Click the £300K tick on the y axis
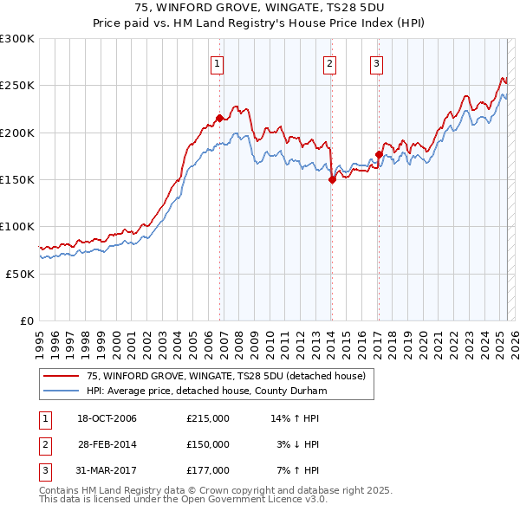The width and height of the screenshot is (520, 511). (17, 39)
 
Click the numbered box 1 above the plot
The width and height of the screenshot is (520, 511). (217, 62)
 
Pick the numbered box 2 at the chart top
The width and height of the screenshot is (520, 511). (330, 62)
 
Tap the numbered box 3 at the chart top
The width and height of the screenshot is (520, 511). (377, 62)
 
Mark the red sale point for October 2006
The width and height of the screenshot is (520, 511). (220, 118)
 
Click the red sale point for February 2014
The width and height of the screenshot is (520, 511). (332, 180)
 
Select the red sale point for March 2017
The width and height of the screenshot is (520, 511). (379, 155)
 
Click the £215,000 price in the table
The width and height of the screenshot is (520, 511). (208, 418)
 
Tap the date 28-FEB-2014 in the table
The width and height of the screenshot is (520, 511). (107, 444)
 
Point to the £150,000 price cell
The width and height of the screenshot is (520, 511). (208, 444)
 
